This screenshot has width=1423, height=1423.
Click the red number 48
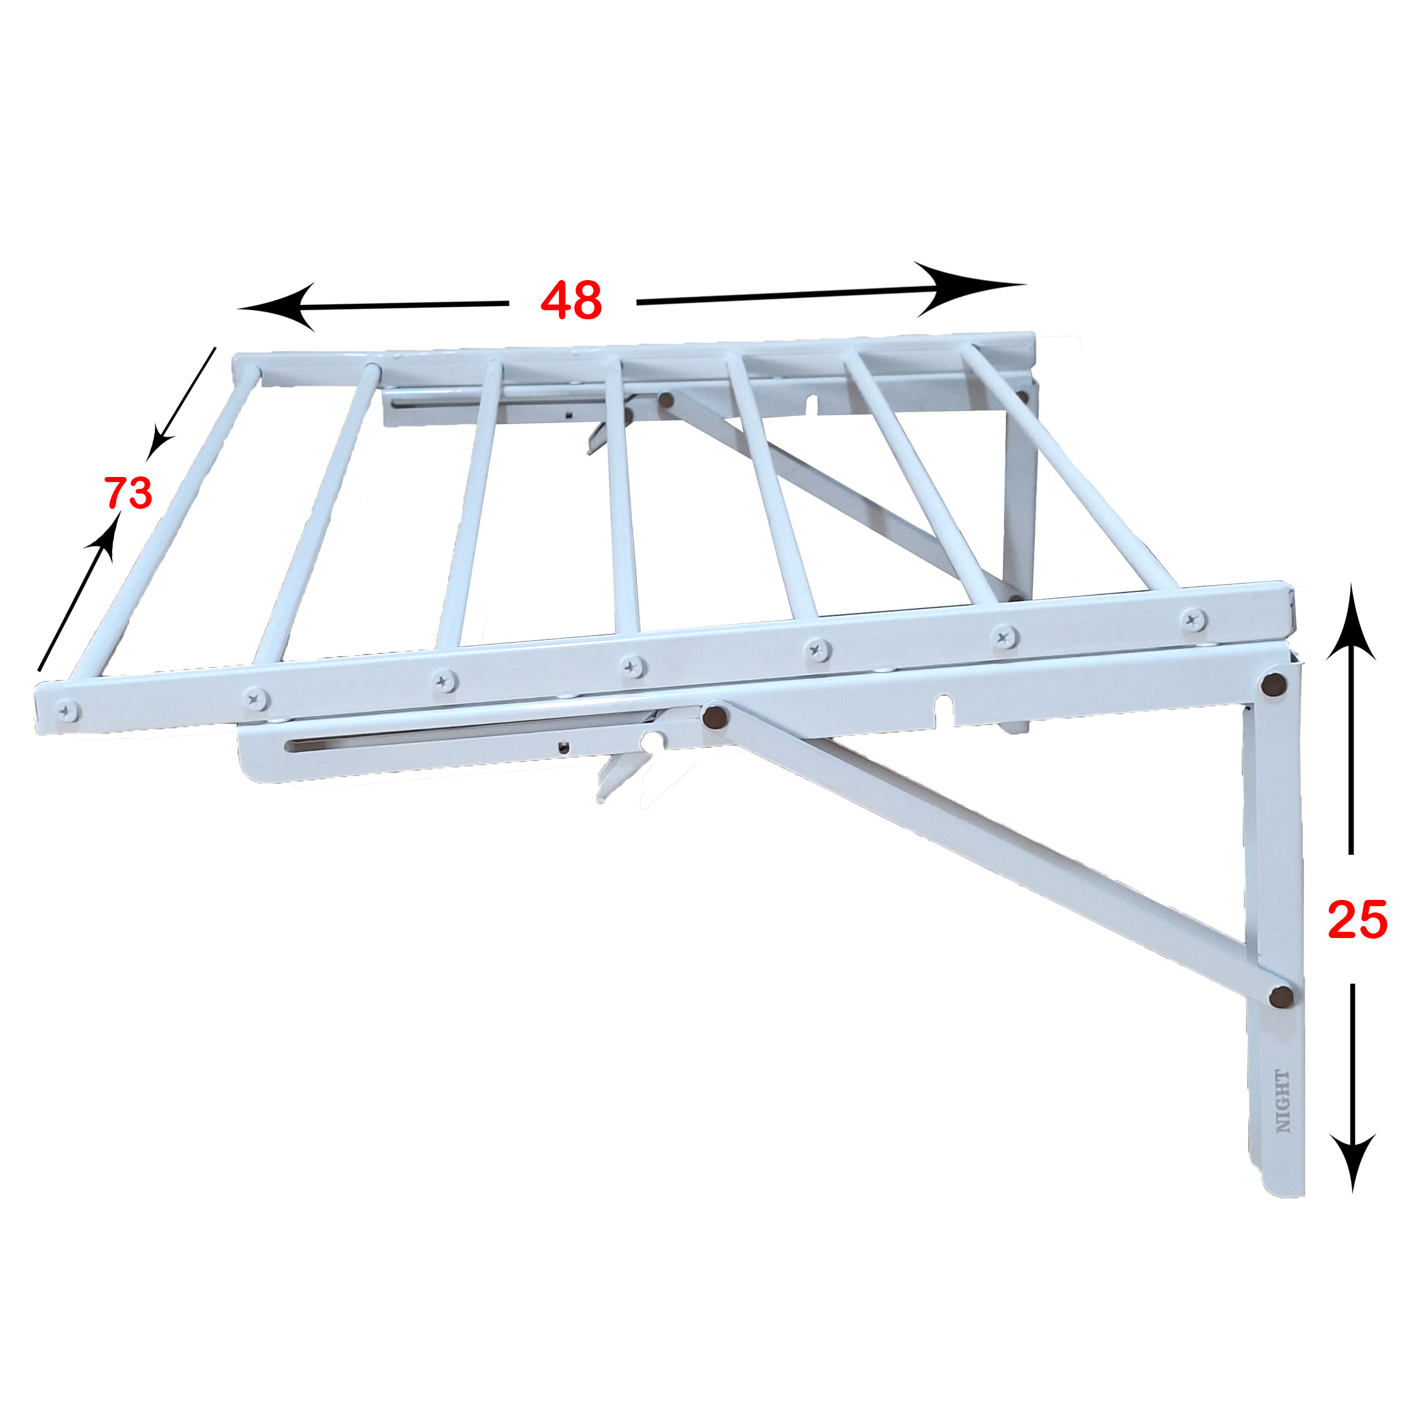point(571,301)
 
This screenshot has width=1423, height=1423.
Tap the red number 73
point(128,493)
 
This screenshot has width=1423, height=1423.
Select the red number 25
point(1358,920)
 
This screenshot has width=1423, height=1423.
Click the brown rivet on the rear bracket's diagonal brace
point(666,400)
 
